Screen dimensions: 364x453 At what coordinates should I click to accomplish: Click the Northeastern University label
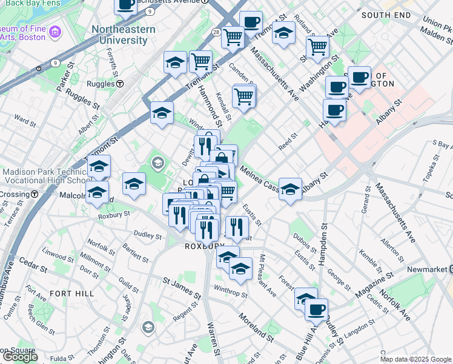(119, 35)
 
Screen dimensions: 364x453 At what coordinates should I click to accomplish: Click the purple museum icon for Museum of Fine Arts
(56, 31)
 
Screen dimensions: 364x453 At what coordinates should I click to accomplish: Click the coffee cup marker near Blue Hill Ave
(316, 309)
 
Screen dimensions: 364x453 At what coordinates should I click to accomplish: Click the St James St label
(181, 288)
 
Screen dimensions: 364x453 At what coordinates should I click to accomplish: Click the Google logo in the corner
(19, 357)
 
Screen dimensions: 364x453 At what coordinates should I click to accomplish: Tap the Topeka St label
(431, 172)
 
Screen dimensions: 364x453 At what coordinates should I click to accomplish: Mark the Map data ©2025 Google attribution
(415, 359)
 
